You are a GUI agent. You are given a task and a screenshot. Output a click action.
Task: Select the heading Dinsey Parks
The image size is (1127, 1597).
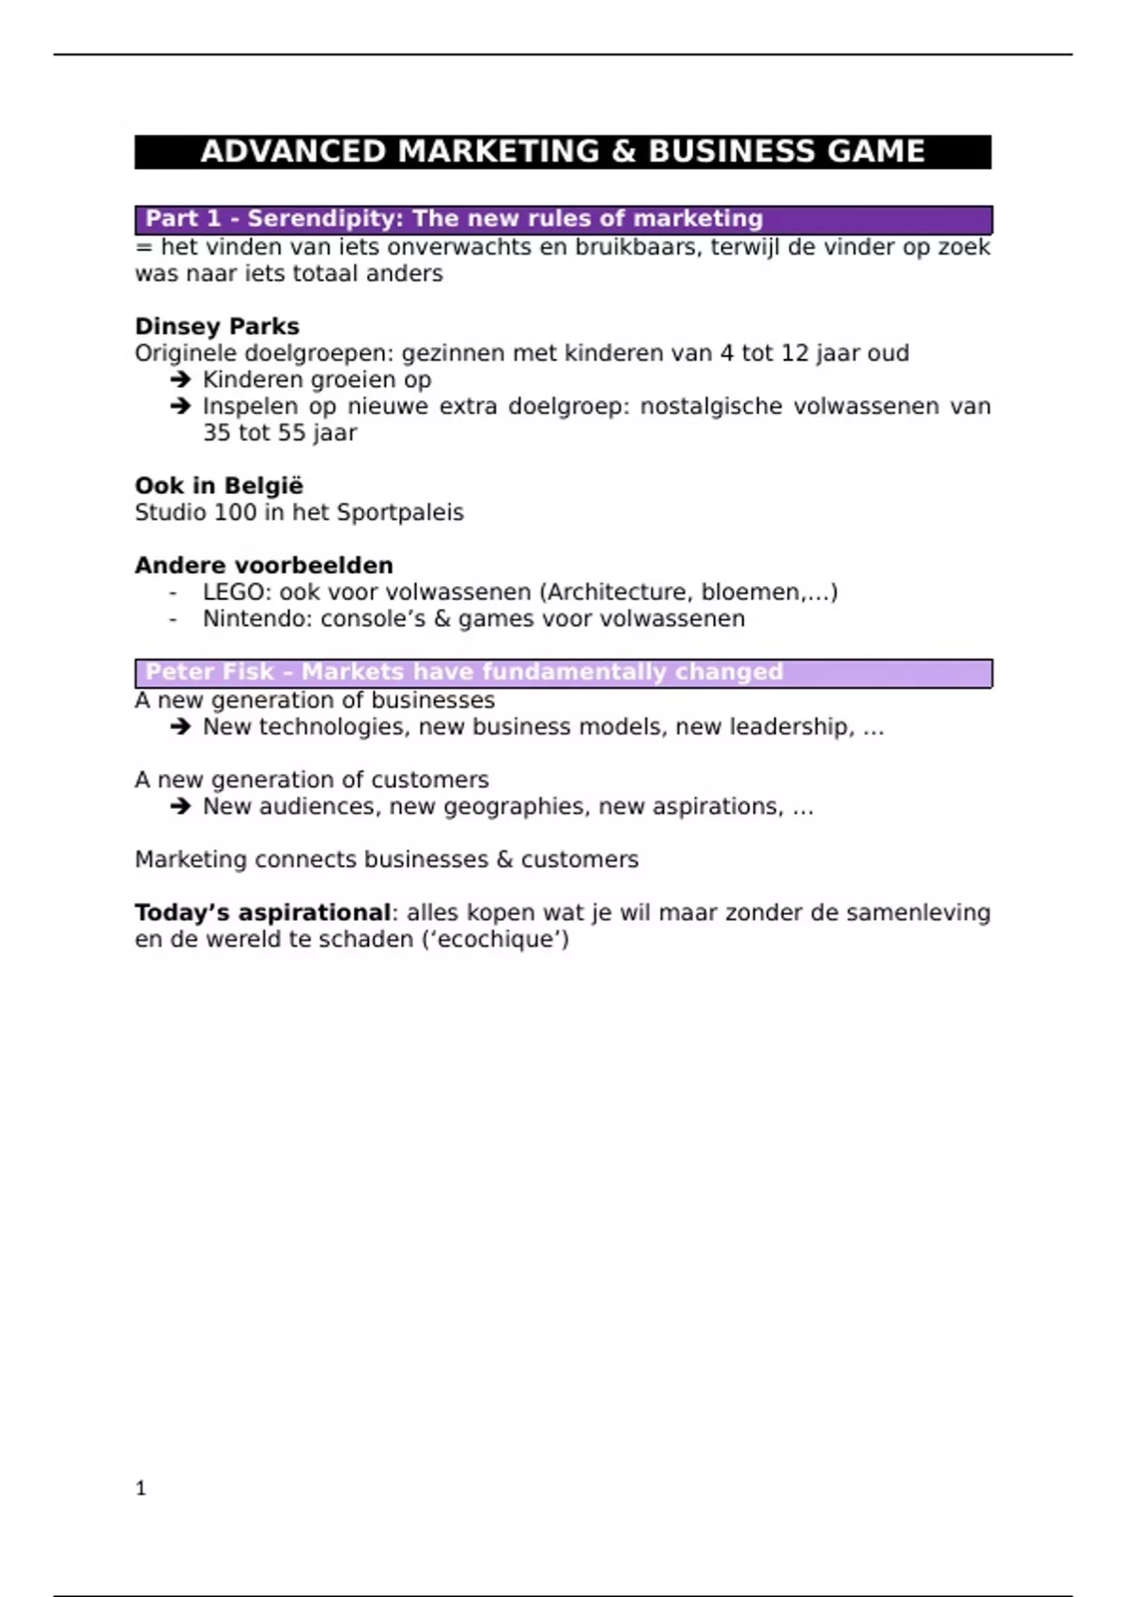[x=217, y=327]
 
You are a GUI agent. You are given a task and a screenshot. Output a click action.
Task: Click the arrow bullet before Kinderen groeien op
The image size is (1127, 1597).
[x=180, y=380]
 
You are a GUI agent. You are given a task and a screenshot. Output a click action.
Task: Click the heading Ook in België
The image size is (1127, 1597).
[x=219, y=486]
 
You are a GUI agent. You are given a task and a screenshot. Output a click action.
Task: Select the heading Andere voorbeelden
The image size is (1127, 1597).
[x=264, y=566]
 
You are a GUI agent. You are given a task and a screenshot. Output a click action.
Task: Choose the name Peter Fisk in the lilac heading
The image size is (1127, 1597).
[x=209, y=673]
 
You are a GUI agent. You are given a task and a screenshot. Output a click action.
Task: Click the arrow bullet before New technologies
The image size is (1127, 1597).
[x=180, y=727]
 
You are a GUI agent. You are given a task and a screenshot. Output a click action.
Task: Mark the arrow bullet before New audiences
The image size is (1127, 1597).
[x=180, y=807]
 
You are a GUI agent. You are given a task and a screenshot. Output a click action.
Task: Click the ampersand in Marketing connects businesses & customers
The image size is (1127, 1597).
[x=504, y=861]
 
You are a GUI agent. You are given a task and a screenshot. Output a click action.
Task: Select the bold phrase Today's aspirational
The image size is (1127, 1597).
[x=262, y=913]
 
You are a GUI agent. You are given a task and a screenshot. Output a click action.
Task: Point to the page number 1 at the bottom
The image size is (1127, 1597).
[x=141, y=1488]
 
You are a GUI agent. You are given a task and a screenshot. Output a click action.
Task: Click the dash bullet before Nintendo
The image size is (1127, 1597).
[x=173, y=619]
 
